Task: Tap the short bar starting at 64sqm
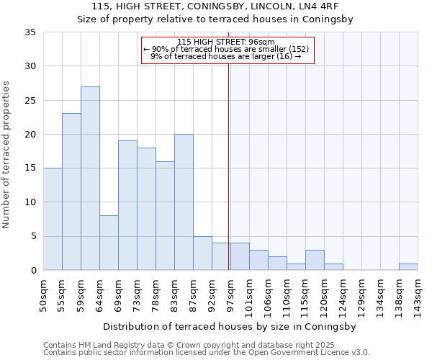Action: point(109,243)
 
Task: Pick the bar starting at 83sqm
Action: point(184,202)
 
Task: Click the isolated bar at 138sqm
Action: point(408,267)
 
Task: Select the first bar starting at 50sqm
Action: point(53,219)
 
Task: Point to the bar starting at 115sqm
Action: point(315,260)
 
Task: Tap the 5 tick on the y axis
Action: point(33,236)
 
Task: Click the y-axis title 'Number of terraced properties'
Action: point(6,155)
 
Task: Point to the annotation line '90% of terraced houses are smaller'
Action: point(227,49)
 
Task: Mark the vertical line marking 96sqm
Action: point(228,166)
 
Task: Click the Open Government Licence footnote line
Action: point(207,352)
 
